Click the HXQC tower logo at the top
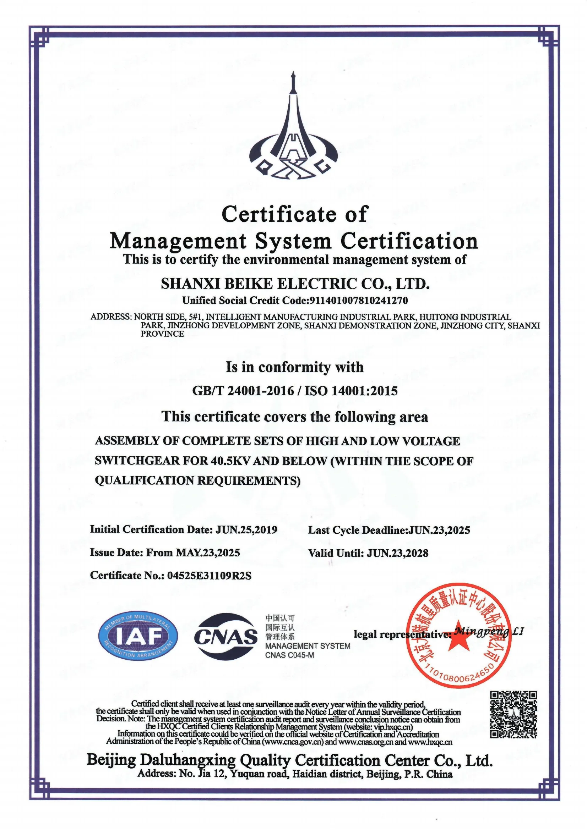coord(293,134)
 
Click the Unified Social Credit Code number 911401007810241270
coord(357,301)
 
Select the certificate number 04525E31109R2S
coord(209,576)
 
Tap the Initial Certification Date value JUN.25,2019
coord(247,530)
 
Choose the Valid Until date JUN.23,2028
coord(397,553)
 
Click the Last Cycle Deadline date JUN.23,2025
coord(439,530)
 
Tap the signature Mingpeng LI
coord(488,631)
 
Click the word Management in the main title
coord(178,241)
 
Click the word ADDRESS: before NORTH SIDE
coord(111,317)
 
